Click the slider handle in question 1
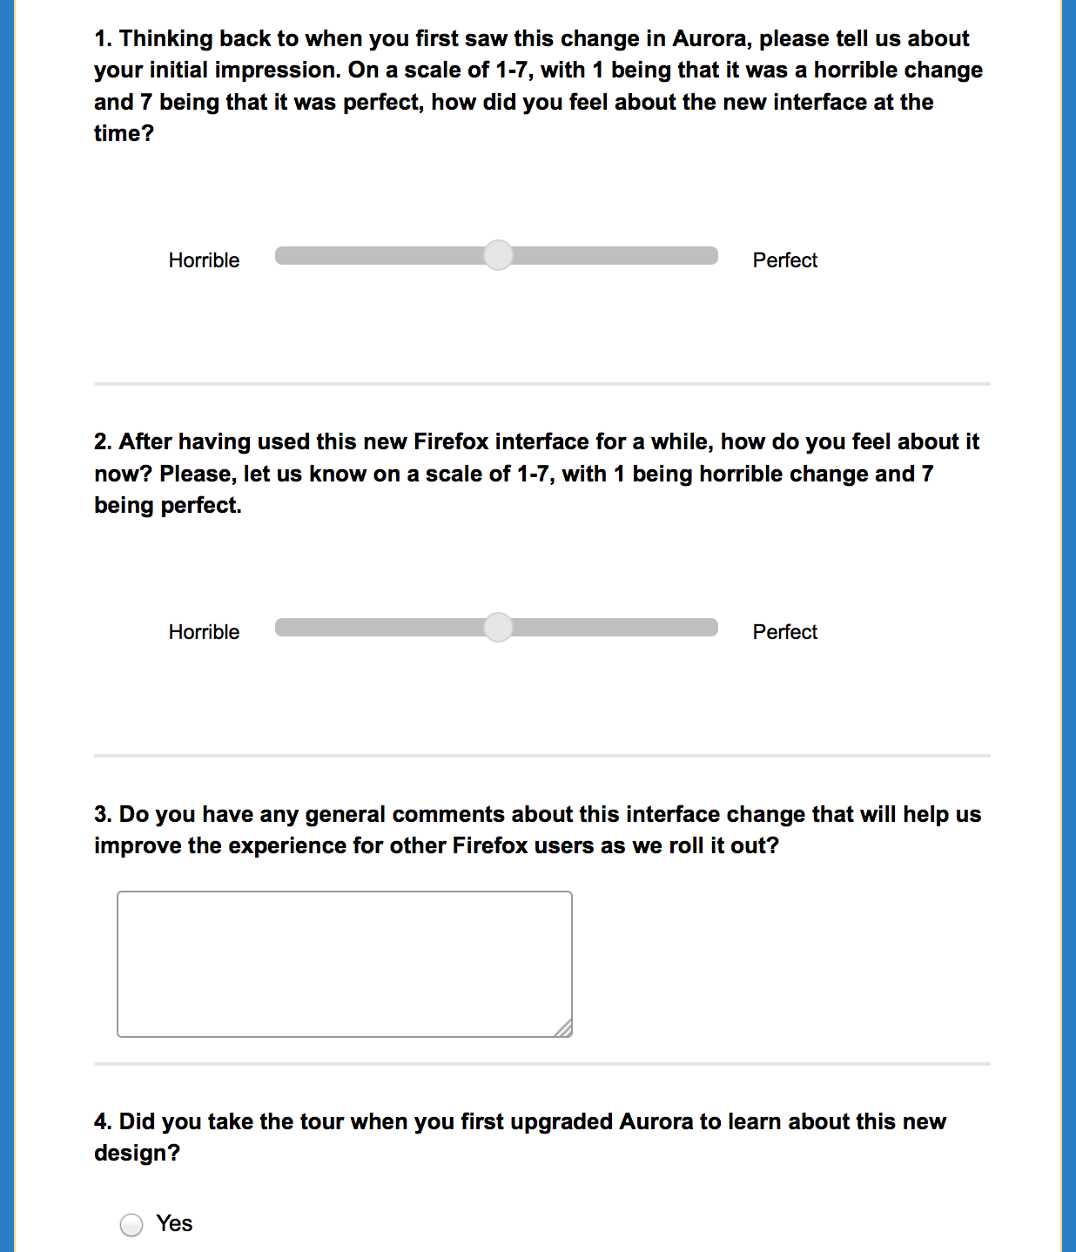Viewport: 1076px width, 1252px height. tap(498, 255)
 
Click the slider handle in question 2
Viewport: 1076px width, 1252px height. tap(498, 627)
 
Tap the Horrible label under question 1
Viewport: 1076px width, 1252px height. tap(204, 260)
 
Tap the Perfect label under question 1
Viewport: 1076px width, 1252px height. tap(784, 260)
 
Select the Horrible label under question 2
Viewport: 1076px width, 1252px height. tap(204, 632)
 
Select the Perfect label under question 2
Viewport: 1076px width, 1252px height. tap(784, 632)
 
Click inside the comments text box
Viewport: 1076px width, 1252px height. tap(344, 963)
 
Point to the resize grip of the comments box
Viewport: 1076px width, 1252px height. tap(564, 1029)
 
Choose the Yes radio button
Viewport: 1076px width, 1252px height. tap(131, 1225)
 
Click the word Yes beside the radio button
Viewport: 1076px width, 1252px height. tap(174, 1223)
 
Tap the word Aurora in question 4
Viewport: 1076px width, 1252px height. tap(656, 1121)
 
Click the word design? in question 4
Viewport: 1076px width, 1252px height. tap(137, 1154)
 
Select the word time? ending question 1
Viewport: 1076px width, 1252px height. tap(124, 134)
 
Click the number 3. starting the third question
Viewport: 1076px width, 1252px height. tap(103, 815)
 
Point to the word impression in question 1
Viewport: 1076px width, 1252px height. tap(285, 71)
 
